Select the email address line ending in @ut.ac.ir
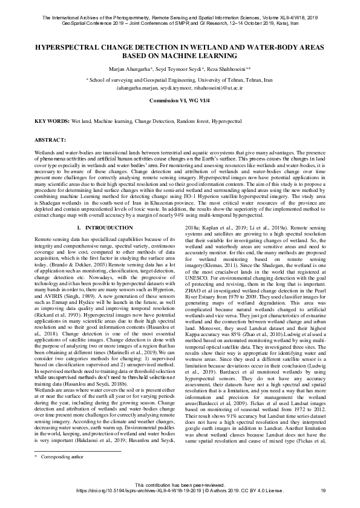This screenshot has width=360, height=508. (x=180, y=86)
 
